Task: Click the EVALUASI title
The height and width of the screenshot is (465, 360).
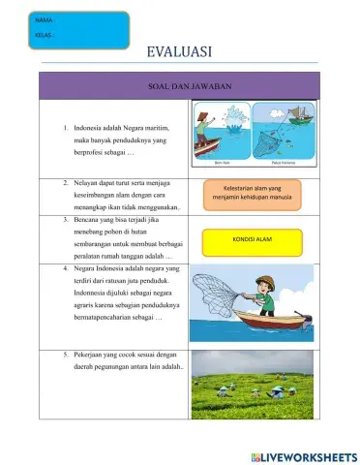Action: [180, 52]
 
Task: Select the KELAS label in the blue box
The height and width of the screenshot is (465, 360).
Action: [43, 36]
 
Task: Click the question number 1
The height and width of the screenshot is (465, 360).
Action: [65, 127]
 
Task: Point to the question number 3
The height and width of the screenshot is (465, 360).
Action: [65, 220]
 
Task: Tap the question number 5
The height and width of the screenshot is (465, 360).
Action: [65, 356]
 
